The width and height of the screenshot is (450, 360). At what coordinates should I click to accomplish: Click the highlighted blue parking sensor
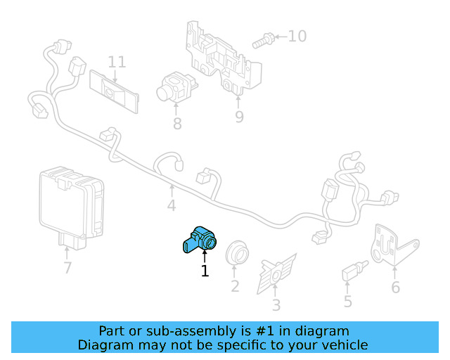200,239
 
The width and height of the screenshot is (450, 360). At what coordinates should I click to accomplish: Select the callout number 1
205,271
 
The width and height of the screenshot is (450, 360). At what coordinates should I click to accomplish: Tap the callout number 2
235,286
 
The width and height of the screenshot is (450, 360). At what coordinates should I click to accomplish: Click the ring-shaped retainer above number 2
236,253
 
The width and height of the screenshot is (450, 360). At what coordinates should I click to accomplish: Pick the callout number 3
276,304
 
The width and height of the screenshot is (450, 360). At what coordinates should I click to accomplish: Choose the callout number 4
171,206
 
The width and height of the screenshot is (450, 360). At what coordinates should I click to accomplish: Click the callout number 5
347,302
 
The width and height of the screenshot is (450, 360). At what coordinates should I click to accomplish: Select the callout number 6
395,287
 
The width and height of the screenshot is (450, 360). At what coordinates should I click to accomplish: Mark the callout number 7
67,267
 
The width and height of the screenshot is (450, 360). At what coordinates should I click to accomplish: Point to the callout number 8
177,124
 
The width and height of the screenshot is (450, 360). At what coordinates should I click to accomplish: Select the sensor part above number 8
172,87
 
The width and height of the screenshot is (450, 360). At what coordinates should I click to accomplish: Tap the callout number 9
239,117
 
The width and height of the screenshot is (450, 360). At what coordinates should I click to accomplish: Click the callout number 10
297,35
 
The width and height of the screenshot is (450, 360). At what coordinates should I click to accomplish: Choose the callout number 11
117,62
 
